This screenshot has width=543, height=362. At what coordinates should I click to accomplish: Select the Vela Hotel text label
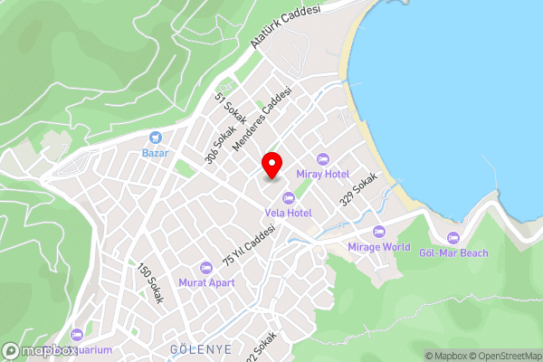pyautogui.click(x=288, y=213)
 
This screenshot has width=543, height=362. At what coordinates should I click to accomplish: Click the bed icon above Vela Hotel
pyautogui.click(x=288, y=198)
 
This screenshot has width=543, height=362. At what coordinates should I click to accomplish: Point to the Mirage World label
pyautogui.click(x=378, y=246)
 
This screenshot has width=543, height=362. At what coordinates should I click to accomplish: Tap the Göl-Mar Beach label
pyautogui.click(x=453, y=252)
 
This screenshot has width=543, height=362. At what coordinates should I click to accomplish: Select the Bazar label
pyautogui.click(x=156, y=153)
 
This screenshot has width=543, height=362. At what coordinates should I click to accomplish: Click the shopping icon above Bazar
pyautogui.click(x=156, y=138)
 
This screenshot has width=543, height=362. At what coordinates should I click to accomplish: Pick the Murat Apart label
pyautogui.click(x=206, y=282)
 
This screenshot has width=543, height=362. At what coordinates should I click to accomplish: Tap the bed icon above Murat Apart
pyautogui.click(x=206, y=268)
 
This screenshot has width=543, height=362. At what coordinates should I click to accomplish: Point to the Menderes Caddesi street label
pyautogui.click(x=262, y=119)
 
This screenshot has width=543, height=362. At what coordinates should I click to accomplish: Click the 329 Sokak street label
pyautogui.click(x=357, y=188)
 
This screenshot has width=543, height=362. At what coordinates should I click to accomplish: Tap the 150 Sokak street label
pyautogui.click(x=149, y=282)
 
